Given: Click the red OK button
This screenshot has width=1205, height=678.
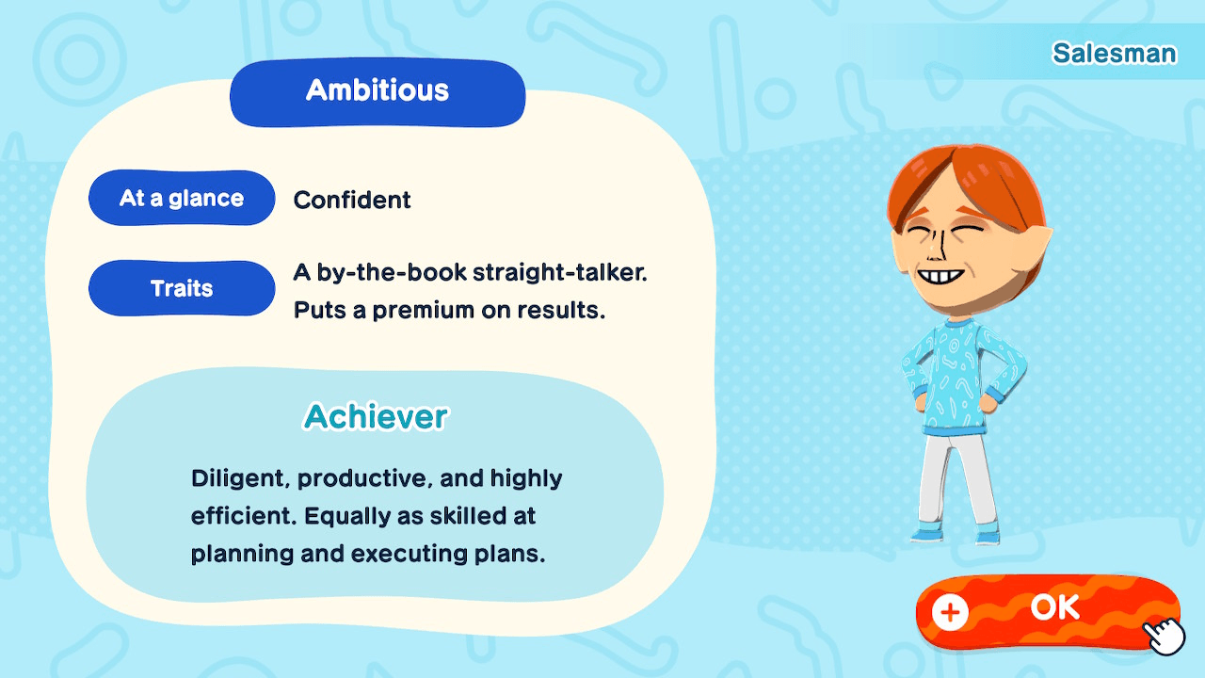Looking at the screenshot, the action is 1048,611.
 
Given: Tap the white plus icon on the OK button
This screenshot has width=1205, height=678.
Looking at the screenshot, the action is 950,612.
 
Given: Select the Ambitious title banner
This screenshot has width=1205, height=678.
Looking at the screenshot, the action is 378,92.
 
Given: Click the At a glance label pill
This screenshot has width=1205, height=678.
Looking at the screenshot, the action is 182,198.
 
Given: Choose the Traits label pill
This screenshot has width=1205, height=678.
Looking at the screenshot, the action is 182,288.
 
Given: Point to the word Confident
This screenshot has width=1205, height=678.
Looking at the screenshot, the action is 352,201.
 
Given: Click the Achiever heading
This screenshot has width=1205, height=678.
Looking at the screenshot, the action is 376,416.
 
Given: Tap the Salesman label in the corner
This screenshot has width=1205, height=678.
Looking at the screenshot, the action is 1114,54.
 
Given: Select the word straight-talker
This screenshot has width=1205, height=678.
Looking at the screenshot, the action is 559,272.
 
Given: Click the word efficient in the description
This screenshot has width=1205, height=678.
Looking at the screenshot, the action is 244,515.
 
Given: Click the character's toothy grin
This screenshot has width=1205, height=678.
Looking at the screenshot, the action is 940,276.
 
